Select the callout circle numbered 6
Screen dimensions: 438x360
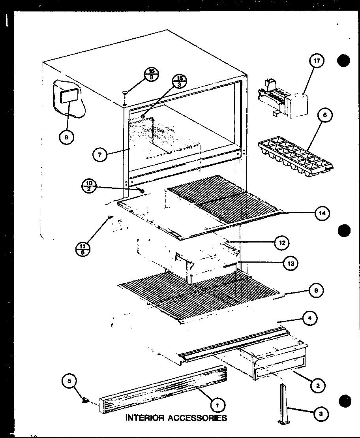coord(324,115)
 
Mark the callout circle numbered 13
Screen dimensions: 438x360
coord(290,263)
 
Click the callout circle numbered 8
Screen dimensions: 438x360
coord(316,291)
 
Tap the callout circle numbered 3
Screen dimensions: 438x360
coord(321,414)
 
